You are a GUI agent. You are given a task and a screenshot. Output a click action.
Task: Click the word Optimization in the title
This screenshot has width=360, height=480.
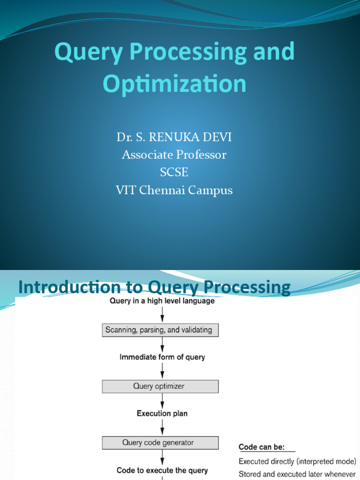(174, 84)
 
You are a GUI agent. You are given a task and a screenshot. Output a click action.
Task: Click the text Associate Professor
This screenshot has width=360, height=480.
(174, 155)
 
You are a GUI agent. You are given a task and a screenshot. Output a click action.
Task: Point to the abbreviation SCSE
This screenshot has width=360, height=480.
(174, 172)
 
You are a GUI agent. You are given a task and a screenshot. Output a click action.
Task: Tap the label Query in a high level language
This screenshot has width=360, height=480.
(162, 301)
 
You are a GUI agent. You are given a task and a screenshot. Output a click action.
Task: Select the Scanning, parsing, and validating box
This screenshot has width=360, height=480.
(160, 330)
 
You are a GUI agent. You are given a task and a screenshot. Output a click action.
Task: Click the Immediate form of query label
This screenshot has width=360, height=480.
(162, 357)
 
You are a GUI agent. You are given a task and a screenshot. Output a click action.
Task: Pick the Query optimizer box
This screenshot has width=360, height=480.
(160, 386)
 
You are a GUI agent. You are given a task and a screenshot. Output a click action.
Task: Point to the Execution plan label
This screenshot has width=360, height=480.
(162, 413)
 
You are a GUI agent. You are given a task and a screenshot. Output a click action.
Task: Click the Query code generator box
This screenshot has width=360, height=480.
(160, 442)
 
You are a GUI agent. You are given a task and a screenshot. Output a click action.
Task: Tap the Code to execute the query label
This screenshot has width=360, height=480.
(162, 470)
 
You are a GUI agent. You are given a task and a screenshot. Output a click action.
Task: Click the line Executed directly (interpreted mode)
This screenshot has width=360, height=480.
(297, 461)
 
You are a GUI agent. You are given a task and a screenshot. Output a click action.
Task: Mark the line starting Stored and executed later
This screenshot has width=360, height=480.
(297, 474)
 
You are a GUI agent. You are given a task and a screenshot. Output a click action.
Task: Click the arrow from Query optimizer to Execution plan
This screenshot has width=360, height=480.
(162, 400)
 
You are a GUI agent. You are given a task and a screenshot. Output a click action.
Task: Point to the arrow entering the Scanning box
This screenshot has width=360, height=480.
(162, 315)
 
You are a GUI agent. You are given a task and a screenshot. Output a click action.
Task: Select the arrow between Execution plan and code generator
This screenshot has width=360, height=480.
(162, 428)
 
